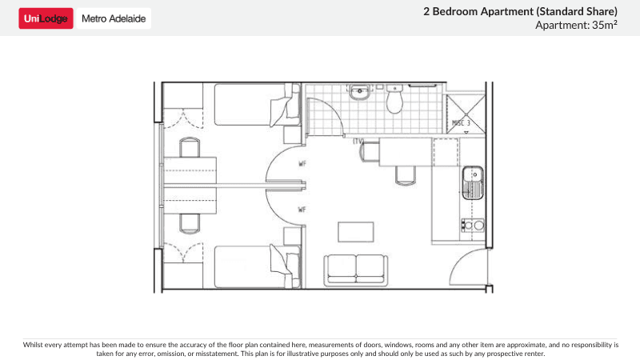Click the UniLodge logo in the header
tap(46, 18)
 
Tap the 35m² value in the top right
tap(602, 25)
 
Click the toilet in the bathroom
tap(394, 102)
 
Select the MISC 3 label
tap(461, 123)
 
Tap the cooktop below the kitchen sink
tap(474, 225)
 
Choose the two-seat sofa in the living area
tap(355, 270)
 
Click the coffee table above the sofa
tap(355, 231)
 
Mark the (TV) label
tap(358, 142)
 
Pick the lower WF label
tap(302, 210)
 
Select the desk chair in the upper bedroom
tap(190, 148)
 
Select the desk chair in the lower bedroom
tap(190, 222)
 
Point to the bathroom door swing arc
tap(320, 112)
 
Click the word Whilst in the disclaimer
tap(35, 345)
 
